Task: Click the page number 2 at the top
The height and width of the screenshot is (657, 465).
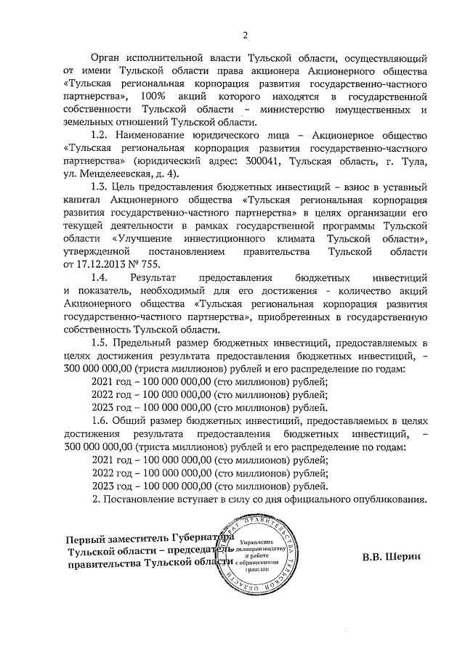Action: click(245, 35)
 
